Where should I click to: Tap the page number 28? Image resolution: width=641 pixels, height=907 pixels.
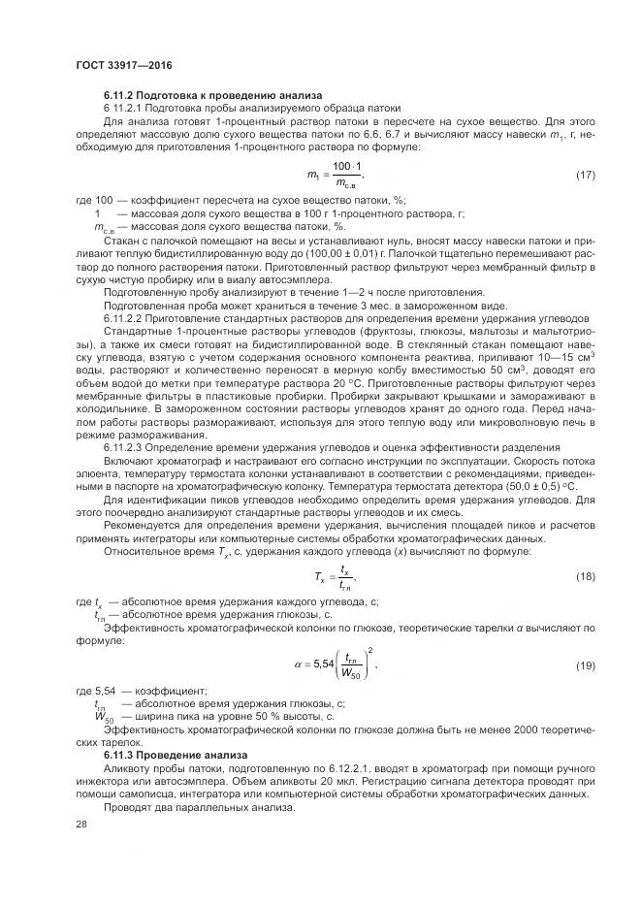click(81, 823)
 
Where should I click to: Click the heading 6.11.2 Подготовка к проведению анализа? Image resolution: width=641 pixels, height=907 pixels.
click(206, 95)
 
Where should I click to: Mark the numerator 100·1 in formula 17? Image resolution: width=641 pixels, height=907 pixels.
click(346, 167)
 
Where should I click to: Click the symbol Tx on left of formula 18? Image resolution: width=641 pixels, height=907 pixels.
click(321, 577)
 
